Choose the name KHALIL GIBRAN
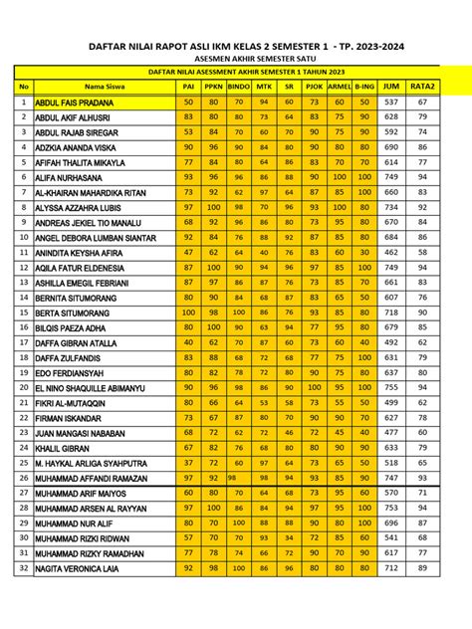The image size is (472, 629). (x=67, y=448)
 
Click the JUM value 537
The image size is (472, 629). (x=391, y=103)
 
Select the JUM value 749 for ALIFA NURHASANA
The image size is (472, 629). (x=391, y=177)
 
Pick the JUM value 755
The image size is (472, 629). (x=391, y=388)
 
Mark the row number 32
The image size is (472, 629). (x=22, y=568)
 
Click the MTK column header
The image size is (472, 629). (x=264, y=87)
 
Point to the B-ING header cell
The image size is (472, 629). (x=363, y=87)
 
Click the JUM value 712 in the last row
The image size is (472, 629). (x=391, y=568)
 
